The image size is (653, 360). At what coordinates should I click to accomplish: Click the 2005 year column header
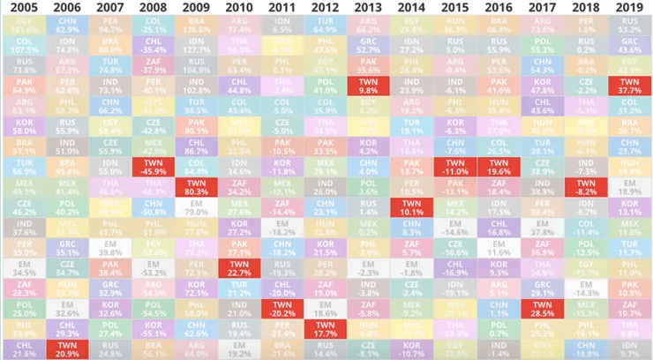[22, 7]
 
